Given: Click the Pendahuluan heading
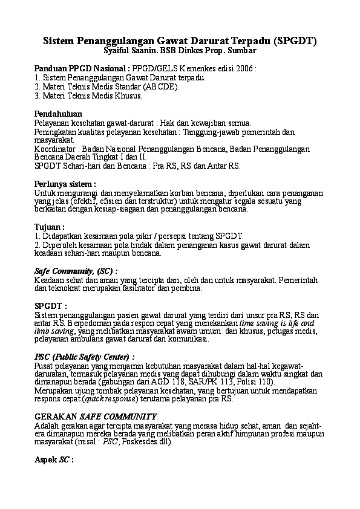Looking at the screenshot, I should pyautogui.click(x=58, y=113).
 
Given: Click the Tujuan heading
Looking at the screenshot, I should pyautogui.click(x=50, y=227).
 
